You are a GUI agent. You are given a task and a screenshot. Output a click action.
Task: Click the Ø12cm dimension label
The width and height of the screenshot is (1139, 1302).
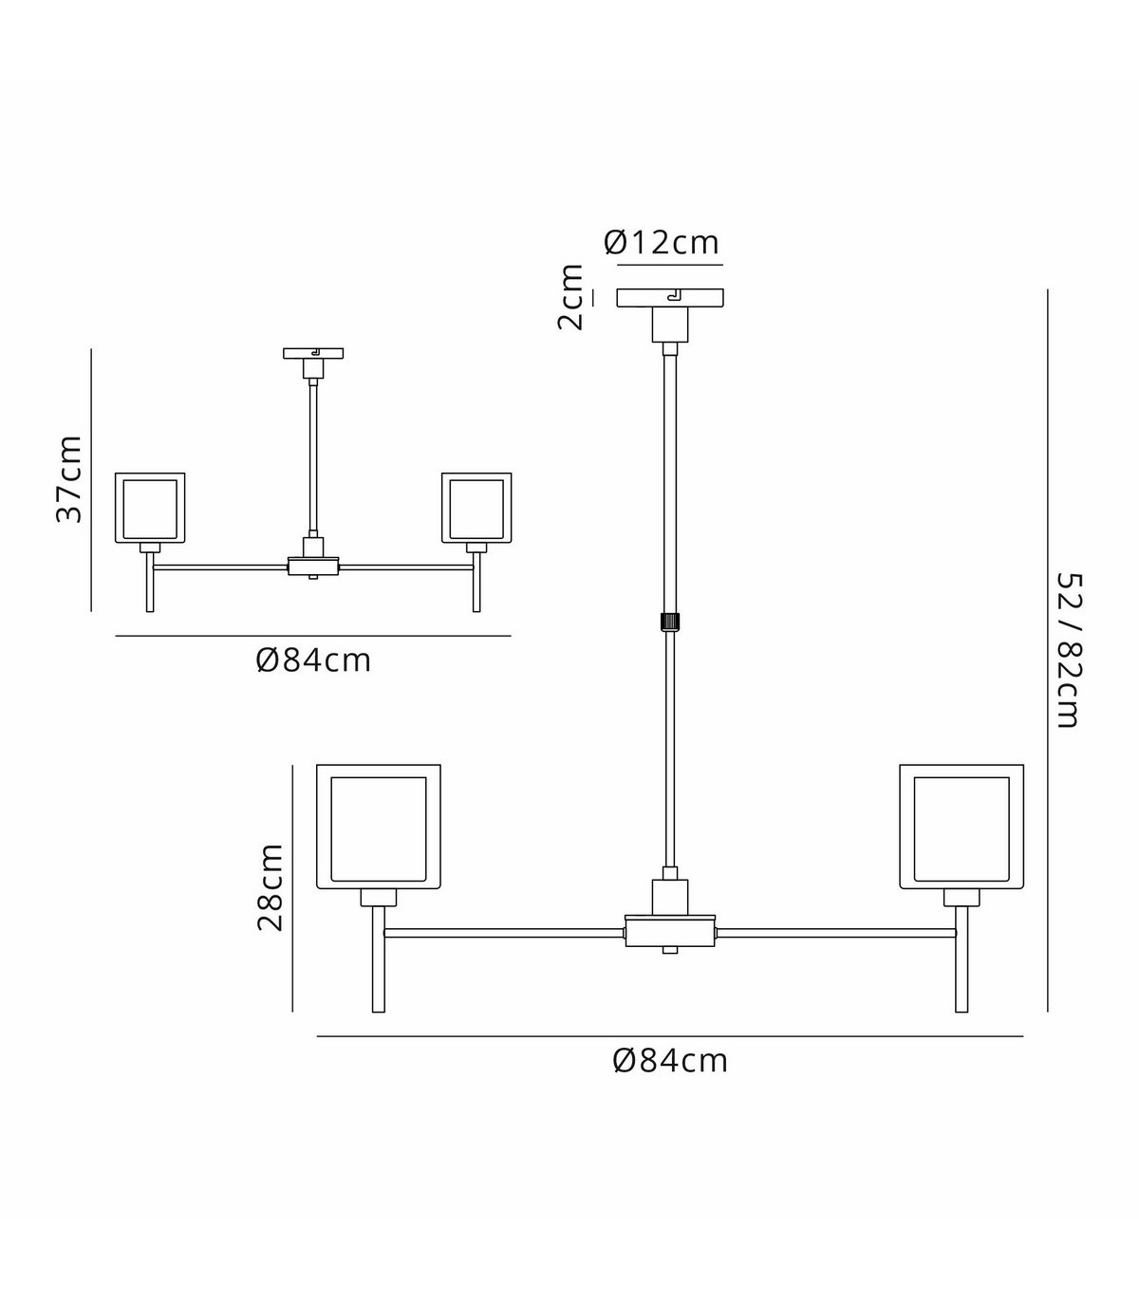tap(662, 242)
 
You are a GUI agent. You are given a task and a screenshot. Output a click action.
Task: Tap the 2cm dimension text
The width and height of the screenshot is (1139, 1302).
tap(570, 297)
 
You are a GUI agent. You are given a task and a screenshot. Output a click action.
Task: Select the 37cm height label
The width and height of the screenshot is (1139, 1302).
tap(69, 479)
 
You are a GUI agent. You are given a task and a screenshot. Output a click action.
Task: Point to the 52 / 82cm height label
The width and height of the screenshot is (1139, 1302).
tap(1068, 650)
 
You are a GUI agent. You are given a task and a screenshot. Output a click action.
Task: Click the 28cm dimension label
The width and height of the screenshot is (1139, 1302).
tap(270, 887)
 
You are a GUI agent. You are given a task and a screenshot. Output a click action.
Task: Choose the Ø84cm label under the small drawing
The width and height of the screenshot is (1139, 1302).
tap(313, 661)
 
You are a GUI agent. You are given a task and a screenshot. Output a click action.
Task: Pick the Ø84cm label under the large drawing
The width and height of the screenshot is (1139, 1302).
tap(670, 1062)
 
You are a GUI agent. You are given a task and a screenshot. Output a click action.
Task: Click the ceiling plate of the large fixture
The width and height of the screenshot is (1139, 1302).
tap(670, 298)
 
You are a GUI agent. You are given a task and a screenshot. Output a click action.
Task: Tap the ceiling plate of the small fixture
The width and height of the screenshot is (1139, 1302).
tap(313, 353)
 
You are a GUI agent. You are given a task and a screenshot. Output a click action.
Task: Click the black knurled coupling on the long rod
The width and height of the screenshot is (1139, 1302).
tap(670, 621)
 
